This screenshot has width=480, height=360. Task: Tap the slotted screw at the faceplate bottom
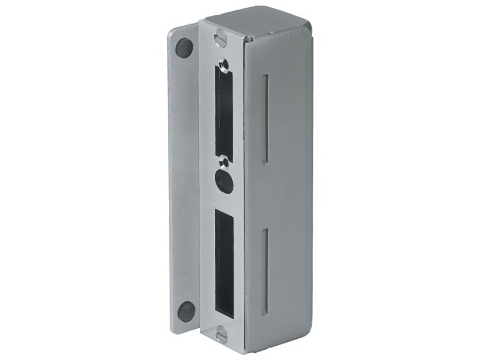[222, 334]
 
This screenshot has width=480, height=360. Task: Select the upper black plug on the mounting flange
[184, 48]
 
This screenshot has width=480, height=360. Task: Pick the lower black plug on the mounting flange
[186, 311]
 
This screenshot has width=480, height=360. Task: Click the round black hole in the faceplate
[224, 182]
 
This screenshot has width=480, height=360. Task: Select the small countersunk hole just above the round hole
[224, 163]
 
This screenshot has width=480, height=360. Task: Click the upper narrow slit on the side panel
[265, 118]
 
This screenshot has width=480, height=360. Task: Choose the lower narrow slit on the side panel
[264, 272]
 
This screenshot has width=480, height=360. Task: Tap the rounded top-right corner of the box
[309, 24]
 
